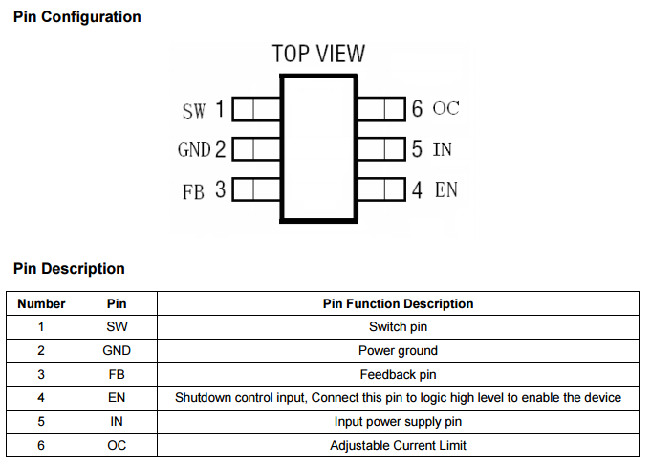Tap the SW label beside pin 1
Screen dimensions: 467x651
point(193,111)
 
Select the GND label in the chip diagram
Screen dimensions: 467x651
point(193,150)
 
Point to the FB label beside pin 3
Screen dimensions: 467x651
point(193,191)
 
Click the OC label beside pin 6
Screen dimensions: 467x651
point(445,108)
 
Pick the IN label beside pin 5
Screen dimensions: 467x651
point(443,149)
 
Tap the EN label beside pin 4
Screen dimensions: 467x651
point(446,189)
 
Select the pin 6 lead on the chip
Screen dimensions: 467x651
point(380,108)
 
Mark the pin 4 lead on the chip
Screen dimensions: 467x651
point(380,189)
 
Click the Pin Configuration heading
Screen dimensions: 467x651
point(77,17)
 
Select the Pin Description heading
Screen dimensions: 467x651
point(69,269)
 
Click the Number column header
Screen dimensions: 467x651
point(42,304)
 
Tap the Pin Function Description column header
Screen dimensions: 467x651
point(398,304)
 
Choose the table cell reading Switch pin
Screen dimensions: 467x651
point(398,327)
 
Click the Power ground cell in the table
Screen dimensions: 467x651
point(398,351)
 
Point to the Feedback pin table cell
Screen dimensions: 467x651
point(398,374)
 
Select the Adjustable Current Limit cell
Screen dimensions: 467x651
point(398,445)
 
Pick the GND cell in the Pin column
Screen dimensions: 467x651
point(117,351)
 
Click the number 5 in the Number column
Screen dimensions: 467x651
point(42,421)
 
